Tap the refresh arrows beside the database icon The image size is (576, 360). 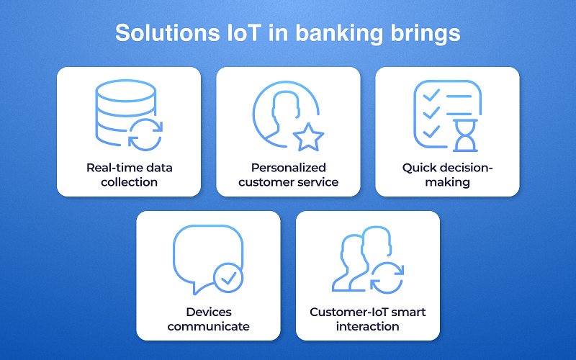coord(146,135)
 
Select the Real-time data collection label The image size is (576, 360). coord(129,175)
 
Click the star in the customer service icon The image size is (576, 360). coord(308,136)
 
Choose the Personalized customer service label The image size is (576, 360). coord(288,175)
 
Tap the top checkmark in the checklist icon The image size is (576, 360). coord(431,95)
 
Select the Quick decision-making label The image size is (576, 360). coord(446,175)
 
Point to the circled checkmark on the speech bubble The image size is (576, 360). coord(229,276)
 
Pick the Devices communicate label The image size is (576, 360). coord(209,319)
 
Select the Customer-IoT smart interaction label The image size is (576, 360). coord(368,319)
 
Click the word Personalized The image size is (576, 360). coord(288,168)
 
